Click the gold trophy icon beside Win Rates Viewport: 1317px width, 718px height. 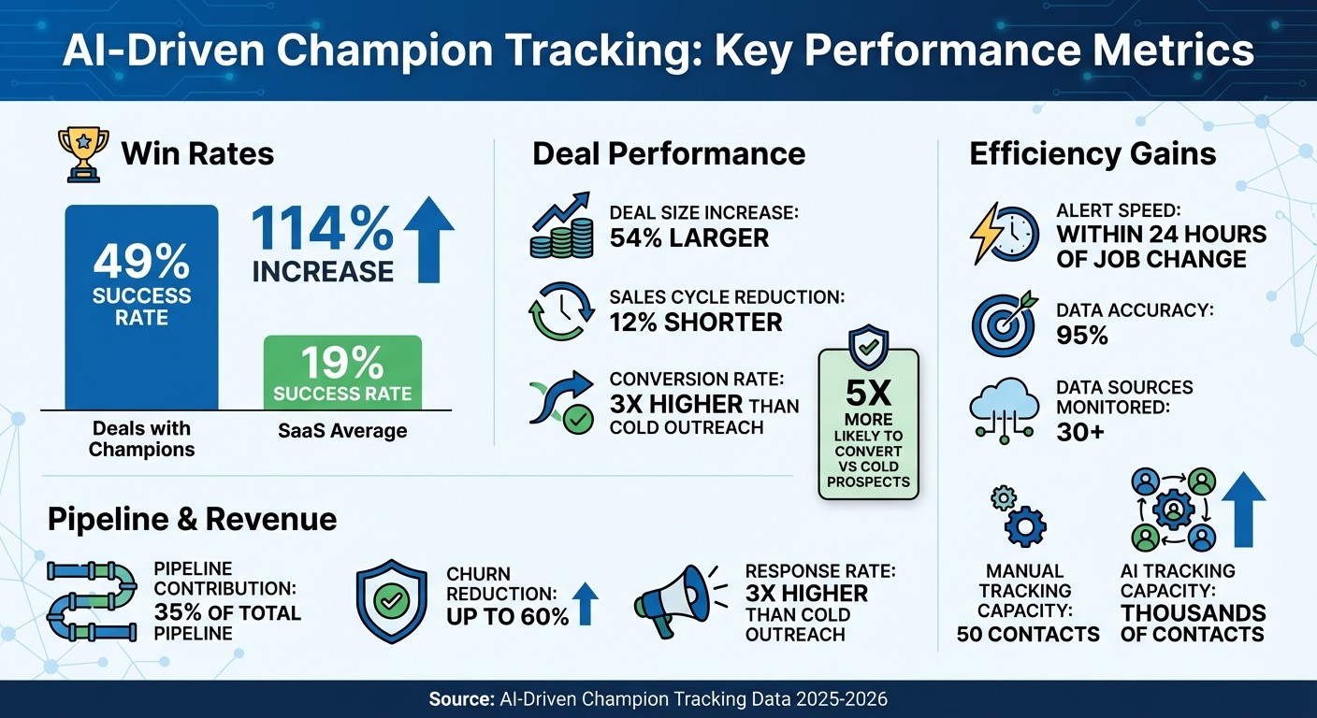click(83, 152)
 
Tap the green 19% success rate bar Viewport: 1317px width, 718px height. click(342, 372)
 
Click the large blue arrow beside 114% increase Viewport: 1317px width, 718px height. click(427, 239)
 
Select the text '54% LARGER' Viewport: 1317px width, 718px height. click(688, 237)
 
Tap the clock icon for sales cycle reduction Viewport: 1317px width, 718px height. click(560, 309)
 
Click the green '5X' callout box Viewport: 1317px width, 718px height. click(868, 423)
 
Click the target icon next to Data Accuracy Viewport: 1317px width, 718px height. click(1002, 322)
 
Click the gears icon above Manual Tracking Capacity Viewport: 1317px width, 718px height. click(1020, 517)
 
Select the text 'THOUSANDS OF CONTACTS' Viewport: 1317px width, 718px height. click(1193, 624)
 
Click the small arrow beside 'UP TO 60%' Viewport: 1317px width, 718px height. click(585, 604)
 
